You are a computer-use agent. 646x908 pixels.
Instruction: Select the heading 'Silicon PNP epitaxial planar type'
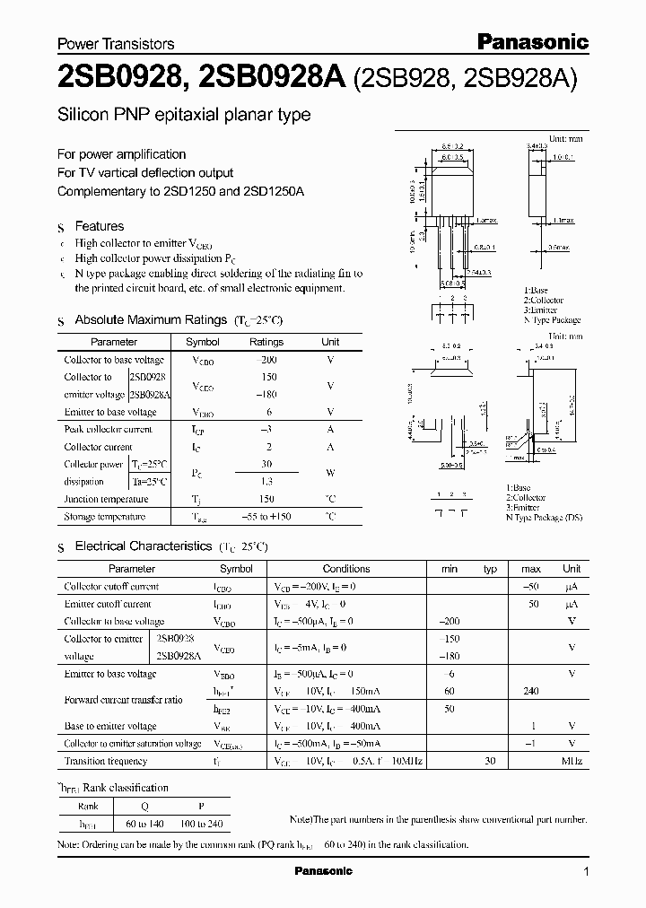[x=184, y=115]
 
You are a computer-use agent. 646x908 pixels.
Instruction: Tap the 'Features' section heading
[x=99, y=226]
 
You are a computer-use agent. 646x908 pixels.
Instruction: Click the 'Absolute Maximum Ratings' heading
[x=151, y=319]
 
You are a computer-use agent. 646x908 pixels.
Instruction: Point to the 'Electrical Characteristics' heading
[x=144, y=546]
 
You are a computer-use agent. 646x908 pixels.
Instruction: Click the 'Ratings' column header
[x=266, y=342]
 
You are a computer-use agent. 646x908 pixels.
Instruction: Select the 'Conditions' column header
[x=345, y=568]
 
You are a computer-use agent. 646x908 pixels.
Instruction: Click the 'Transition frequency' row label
[x=106, y=761]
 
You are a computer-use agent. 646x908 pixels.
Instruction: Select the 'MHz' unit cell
[x=572, y=761]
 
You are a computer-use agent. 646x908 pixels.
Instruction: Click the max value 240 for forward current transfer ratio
[x=531, y=691]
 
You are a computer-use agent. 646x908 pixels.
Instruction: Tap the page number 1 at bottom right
[x=586, y=871]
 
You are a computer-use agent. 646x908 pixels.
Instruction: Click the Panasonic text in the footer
[x=323, y=871]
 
